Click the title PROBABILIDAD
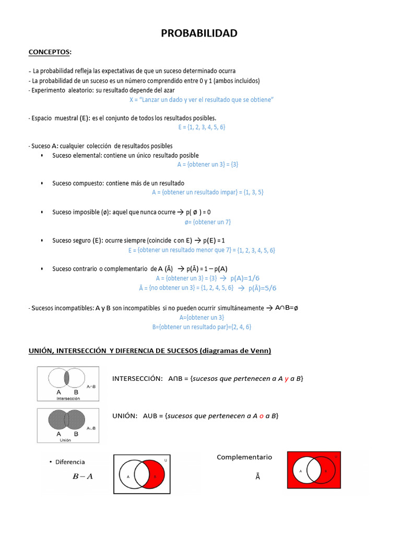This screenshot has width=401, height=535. (x=200, y=33)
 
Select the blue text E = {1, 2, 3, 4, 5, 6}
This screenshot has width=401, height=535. (x=202, y=127)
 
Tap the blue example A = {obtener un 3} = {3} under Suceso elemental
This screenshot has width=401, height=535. (x=208, y=164)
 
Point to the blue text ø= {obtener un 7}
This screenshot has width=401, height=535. (x=207, y=222)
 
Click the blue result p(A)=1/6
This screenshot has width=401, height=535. (x=244, y=278)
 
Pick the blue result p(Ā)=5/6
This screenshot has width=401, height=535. (x=262, y=288)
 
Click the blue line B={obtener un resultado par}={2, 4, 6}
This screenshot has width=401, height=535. (x=202, y=327)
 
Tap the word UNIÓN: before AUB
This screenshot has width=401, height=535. (x=125, y=416)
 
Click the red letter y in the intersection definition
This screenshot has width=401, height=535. (x=287, y=378)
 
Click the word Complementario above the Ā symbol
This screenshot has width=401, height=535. (x=244, y=457)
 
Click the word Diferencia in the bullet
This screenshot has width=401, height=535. (x=69, y=462)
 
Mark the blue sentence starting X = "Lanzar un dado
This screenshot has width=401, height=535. (x=202, y=99)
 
